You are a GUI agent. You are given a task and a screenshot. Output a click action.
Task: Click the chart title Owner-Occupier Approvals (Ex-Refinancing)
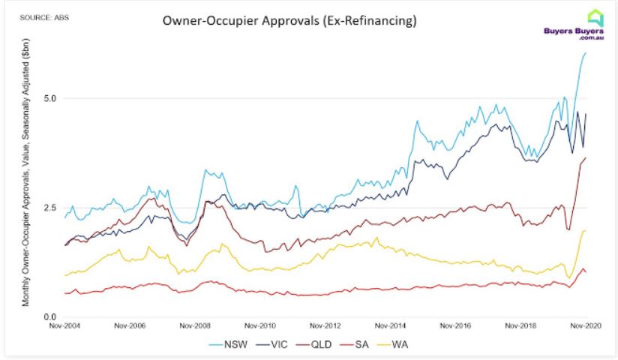coord(289,22)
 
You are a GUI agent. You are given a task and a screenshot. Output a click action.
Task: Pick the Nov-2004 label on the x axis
coord(65,326)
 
